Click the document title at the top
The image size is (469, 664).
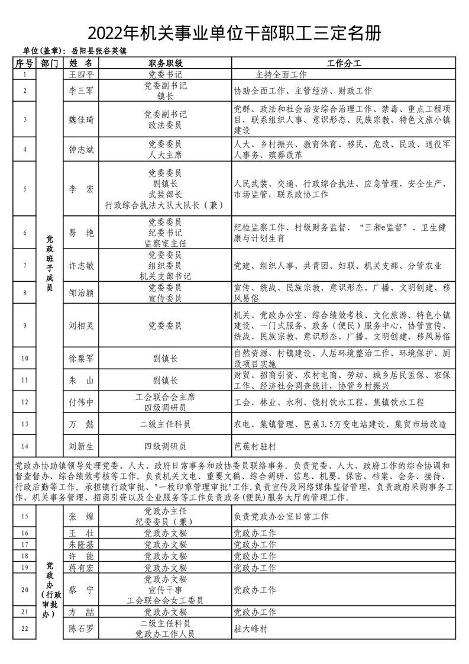coord(234,33)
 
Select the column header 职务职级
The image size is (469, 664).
coord(166,63)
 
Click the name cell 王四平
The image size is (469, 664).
coord(82,75)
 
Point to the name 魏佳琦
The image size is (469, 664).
coord(82,119)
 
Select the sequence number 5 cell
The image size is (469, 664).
coord(25,189)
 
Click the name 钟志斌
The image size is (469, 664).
coord(82,150)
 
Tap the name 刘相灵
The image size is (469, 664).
coord(82,325)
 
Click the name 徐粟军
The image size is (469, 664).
coord(82,357)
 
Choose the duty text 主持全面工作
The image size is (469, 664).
coord(281,75)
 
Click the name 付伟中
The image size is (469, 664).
coord(82,402)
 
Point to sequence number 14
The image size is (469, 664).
coord(25,446)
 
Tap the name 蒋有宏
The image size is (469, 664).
coord(82,567)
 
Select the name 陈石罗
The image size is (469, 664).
coord(82,628)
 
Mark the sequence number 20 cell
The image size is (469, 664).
coord(25,589)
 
